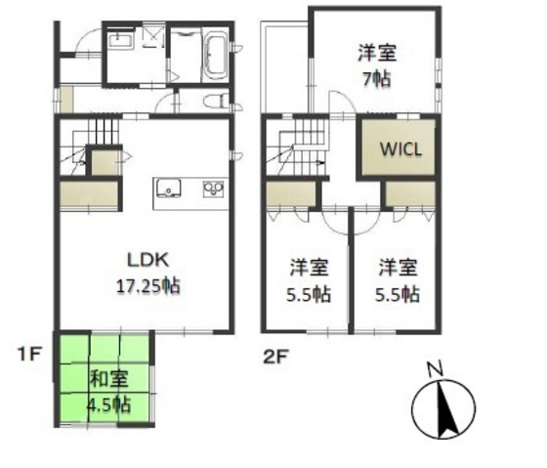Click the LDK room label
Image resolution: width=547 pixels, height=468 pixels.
[148, 260]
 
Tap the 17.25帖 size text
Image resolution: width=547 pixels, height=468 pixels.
[148, 286]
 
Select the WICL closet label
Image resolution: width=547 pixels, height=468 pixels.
[400, 150]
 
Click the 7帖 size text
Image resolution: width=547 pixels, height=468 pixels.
[376, 79]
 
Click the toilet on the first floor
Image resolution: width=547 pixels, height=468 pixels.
[217, 100]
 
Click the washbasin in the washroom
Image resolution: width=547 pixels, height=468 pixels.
[120, 41]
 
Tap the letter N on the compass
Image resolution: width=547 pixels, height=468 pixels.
[437, 369]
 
